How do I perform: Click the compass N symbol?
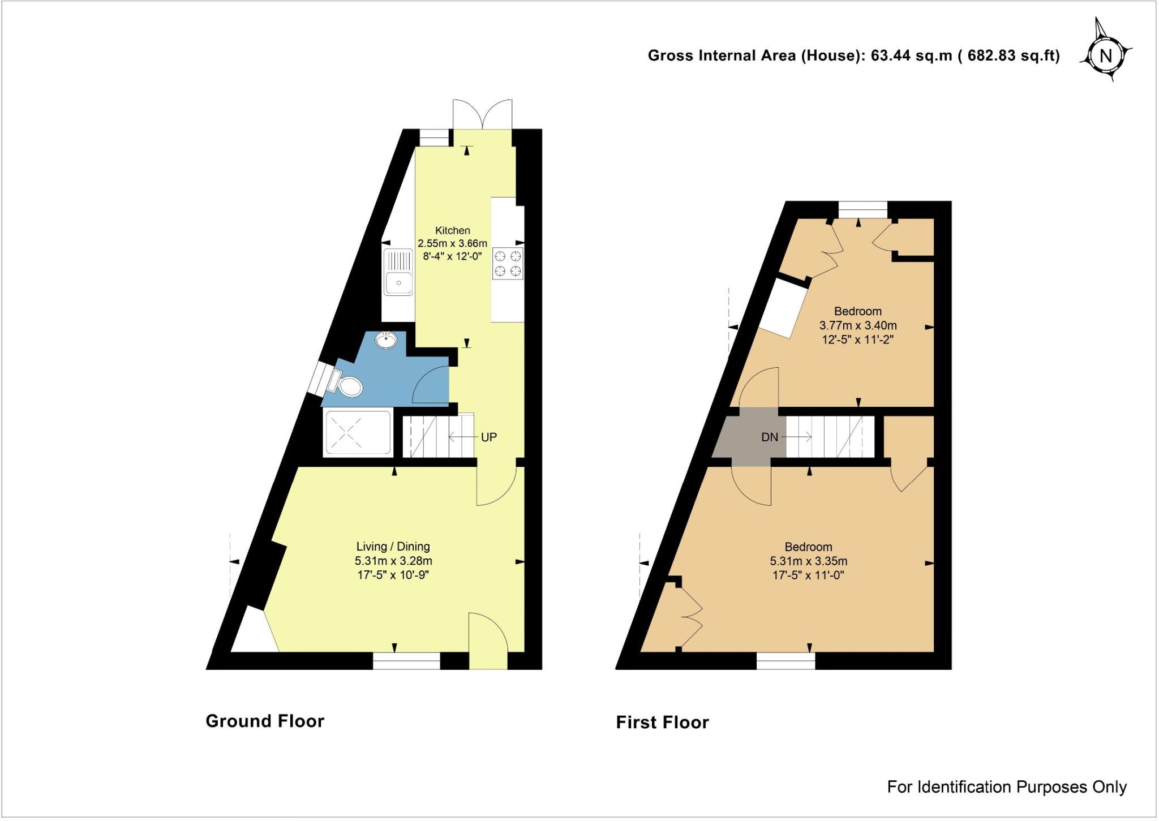[1105, 56]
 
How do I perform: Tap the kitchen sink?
[398, 272]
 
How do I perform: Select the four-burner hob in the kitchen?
[508, 264]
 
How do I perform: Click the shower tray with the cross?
[357, 433]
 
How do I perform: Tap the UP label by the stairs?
[488, 437]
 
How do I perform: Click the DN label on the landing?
[769, 437]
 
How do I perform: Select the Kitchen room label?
[452, 230]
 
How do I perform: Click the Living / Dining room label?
[393, 547]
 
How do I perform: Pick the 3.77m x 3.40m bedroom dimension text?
[858, 326]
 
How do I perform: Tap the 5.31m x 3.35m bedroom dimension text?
[808, 562]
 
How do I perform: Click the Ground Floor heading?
[265, 721]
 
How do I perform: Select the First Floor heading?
[662, 723]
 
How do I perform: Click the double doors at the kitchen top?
[483, 115]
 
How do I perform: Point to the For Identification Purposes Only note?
[1007, 787]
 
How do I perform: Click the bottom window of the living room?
[406, 660]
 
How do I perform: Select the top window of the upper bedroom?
[862, 209]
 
